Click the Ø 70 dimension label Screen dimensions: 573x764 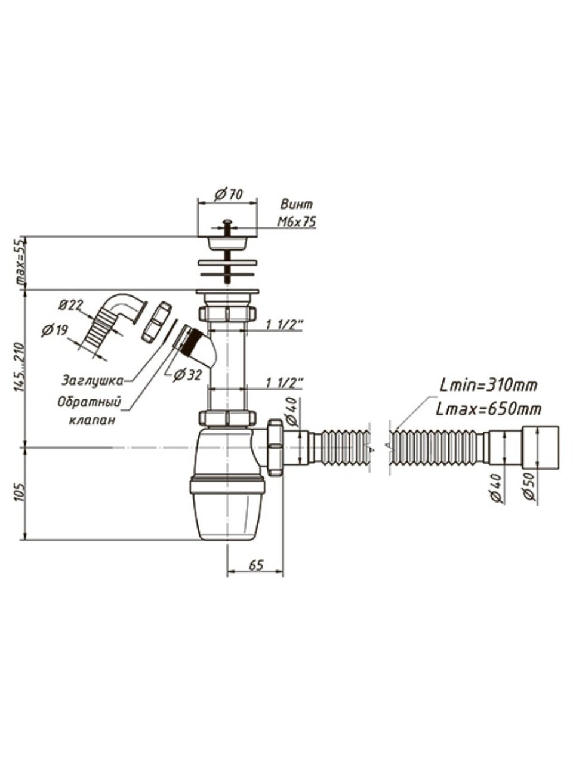229,194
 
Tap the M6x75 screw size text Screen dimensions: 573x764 297,221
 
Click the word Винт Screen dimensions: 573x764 297,204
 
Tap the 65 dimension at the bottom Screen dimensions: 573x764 255,565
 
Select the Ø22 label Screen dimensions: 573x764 70,305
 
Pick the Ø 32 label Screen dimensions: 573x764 188,375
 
